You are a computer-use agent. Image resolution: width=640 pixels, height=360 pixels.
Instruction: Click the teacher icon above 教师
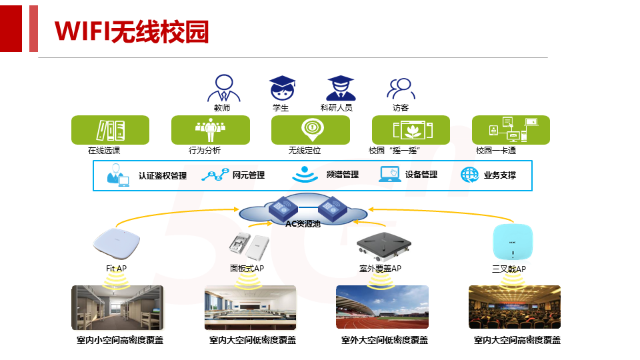coord(224,88)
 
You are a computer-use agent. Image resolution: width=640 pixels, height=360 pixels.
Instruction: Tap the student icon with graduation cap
coord(282,88)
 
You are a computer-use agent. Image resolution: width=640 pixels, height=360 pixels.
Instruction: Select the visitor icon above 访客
coord(401,89)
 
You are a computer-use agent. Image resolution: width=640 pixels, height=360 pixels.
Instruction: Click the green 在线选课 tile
coord(110,130)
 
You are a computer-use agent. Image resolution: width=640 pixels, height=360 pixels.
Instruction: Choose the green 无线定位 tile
coord(311,130)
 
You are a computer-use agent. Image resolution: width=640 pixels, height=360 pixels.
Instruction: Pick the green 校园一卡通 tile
coord(511,130)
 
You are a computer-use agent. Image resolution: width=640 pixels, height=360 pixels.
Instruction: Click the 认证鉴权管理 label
coord(163,176)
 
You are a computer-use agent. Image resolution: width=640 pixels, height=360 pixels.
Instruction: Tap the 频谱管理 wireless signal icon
coord(305,174)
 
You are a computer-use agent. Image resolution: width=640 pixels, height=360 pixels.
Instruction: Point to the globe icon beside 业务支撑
coord(469,175)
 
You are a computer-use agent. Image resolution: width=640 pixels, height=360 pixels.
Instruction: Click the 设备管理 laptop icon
coord(390,174)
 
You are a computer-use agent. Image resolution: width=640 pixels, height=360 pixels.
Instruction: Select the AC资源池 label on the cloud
coord(303,224)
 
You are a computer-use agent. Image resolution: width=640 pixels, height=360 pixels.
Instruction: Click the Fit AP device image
coord(116,244)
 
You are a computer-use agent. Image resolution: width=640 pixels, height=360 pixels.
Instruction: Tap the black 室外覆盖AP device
coord(384,247)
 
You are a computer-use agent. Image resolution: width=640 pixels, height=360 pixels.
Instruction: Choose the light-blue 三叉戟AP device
coord(513,241)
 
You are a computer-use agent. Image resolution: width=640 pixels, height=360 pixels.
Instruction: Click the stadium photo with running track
coord(382,307)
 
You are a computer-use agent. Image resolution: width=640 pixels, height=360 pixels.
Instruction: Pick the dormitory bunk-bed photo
coord(117,307)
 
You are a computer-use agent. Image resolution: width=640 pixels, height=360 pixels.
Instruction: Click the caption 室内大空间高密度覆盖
coord(517,340)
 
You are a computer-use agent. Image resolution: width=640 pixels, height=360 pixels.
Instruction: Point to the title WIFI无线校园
coord(131,31)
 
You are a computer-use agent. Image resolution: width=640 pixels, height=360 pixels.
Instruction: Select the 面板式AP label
coord(247,268)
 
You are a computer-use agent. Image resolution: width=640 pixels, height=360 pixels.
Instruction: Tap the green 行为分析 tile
coord(211,130)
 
